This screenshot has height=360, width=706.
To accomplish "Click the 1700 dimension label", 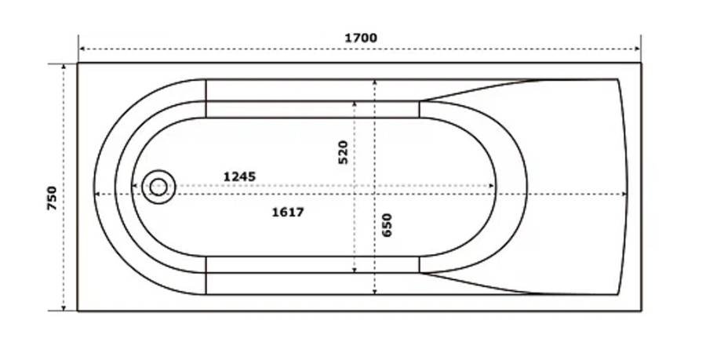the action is click(x=361, y=38).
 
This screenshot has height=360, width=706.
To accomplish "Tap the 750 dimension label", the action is click(x=53, y=198).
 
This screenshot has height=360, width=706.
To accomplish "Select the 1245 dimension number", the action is click(x=239, y=176).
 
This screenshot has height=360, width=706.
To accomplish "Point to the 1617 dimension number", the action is click(x=288, y=212).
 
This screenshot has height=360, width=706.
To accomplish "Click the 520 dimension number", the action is click(x=343, y=153).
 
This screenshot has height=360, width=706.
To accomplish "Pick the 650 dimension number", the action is click(x=387, y=225).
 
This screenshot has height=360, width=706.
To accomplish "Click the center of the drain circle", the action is click(x=158, y=187).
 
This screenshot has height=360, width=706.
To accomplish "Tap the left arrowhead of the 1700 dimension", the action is click(x=82, y=49).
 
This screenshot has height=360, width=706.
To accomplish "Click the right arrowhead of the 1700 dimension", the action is click(x=637, y=49).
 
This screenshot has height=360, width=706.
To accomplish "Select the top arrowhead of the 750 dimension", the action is click(x=64, y=67).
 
